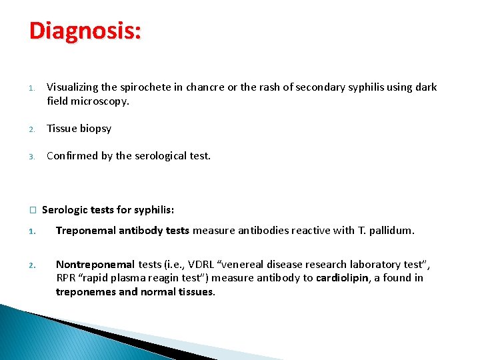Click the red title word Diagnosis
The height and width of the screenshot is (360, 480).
(84, 31)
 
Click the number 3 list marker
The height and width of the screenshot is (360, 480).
(31, 157)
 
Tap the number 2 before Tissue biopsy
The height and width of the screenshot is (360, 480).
(31, 129)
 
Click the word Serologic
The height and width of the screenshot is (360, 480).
(65, 210)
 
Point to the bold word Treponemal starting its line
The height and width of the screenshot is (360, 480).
(86, 231)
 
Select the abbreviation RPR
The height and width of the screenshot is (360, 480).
(65, 278)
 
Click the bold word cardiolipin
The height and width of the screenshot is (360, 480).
(341, 278)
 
